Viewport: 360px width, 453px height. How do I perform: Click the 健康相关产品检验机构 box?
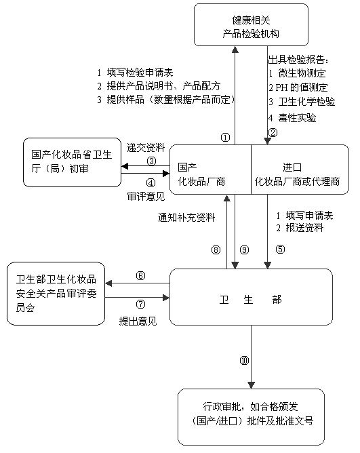[x=251, y=25]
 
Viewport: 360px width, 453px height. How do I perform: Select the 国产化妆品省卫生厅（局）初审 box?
[x=73, y=162]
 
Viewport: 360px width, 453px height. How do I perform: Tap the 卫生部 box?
[x=251, y=297]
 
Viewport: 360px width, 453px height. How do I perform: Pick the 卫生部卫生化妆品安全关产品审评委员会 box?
[x=56, y=294]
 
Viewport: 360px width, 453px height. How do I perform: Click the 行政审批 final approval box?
[x=251, y=417]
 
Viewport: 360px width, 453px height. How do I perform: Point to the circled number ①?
[x=225, y=137]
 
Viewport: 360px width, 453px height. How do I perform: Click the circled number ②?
[x=273, y=133]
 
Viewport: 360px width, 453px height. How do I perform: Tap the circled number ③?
[x=151, y=161]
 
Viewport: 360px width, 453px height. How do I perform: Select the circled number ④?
[x=151, y=182]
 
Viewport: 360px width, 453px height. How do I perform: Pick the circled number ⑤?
[x=280, y=249]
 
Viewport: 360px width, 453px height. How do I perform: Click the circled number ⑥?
[x=140, y=276]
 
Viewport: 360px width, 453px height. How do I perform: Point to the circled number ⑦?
[x=140, y=304]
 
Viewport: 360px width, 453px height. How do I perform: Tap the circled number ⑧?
[x=216, y=250]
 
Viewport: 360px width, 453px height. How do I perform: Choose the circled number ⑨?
[x=245, y=250]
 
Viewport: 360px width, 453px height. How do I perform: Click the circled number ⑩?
[x=245, y=360]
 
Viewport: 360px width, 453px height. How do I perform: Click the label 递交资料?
[x=146, y=148]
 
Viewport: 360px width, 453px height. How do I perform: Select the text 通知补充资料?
[x=186, y=217]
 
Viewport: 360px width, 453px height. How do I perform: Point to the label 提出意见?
[x=138, y=321]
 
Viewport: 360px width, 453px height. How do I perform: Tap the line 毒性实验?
[x=292, y=118]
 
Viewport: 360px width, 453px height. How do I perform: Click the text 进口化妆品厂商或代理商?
[x=297, y=174]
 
